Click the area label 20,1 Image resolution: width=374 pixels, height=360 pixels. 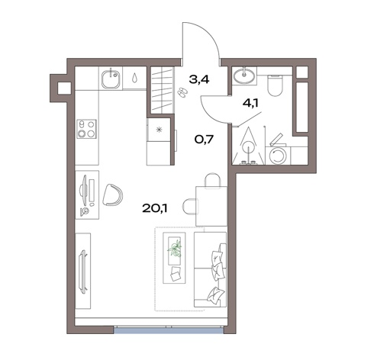[x=154, y=208]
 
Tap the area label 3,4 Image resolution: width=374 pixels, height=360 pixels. [x=199, y=79]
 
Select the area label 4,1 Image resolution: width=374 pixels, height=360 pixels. [x=250, y=103]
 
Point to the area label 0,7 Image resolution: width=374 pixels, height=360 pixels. [x=204, y=139]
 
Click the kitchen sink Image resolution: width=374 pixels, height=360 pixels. [x=111, y=79]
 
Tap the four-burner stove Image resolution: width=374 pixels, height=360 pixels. [x=87, y=129]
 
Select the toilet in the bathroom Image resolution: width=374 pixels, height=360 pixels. [x=275, y=85]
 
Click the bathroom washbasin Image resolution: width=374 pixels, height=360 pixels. [x=244, y=75]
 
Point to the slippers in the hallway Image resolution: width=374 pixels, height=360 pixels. [x=181, y=92]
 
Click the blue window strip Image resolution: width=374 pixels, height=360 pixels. [x=169, y=330]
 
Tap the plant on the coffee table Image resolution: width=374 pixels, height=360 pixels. [x=175, y=249]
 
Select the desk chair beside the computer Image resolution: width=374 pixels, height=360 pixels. [x=112, y=194]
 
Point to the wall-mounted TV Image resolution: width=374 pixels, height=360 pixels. [x=83, y=271]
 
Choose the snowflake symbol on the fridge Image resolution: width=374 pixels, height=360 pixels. [x=159, y=130]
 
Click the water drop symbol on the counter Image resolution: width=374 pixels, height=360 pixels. [x=134, y=77]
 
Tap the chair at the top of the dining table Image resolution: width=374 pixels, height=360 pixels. [x=212, y=181]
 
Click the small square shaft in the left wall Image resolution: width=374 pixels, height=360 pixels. [x=64, y=88]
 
